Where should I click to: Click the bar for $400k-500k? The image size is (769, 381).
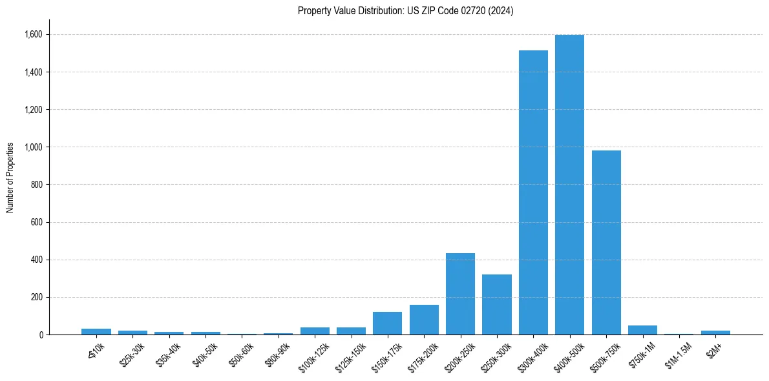point(569,185)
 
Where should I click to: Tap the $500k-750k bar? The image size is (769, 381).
point(606,242)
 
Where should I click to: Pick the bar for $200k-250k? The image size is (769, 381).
point(460,294)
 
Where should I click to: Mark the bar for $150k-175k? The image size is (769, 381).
point(387,324)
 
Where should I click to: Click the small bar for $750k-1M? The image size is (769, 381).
point(642,330)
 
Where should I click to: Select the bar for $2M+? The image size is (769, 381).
point(715,333)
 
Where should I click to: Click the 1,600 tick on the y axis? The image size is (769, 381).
point(34,34)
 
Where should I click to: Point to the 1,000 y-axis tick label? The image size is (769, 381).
point(34,147)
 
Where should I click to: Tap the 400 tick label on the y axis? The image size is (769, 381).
point(37,260)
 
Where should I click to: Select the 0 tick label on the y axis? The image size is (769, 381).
point(41,335)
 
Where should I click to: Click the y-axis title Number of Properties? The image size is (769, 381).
point(10,178)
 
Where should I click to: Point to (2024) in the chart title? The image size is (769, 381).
point(501,11)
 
